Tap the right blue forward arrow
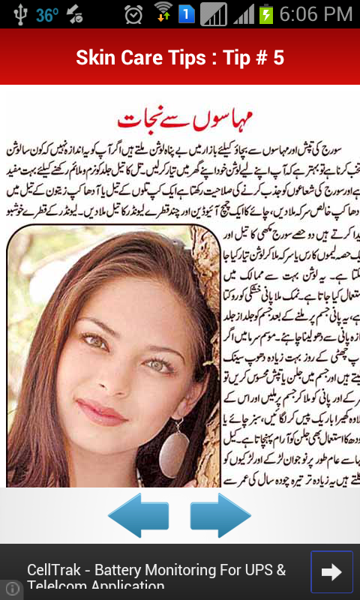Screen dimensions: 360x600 point(220,515)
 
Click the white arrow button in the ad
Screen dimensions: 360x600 point(331,572)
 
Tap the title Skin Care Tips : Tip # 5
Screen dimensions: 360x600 point(180,58)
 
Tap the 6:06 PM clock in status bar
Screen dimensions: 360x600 point(316,13)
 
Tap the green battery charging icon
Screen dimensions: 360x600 point(265,14)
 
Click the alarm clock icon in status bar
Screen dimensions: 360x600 point(133,14)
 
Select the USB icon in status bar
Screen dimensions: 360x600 point(18,14)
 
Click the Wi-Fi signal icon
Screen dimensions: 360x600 point(163,13)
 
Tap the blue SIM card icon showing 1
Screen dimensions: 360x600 point(186,14)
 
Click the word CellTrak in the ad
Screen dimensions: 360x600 point(55,570)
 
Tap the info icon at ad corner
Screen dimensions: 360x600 point(11,589)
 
